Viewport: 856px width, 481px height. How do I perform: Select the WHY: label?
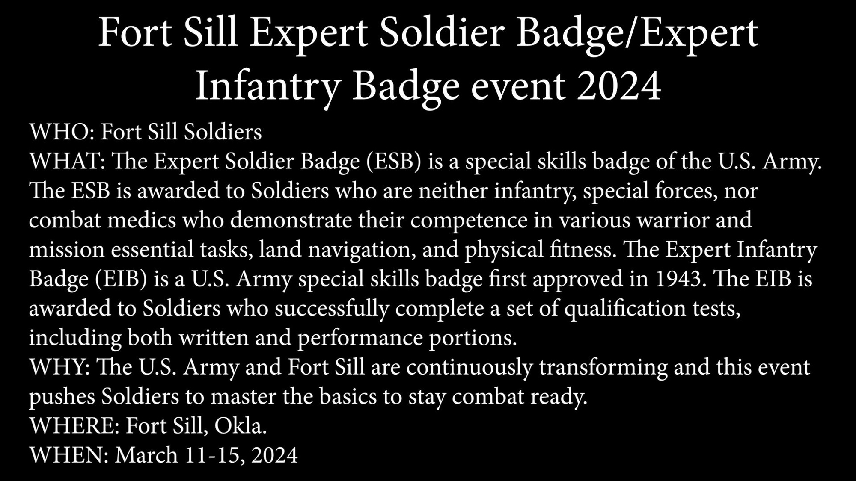pos(59,367)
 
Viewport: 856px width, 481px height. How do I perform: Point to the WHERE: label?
pos(74,426)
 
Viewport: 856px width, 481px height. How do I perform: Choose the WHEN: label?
pos(69,455)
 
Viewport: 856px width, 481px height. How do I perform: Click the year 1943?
pos(678,279)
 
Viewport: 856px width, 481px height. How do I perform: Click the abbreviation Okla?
pos(241,426)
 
